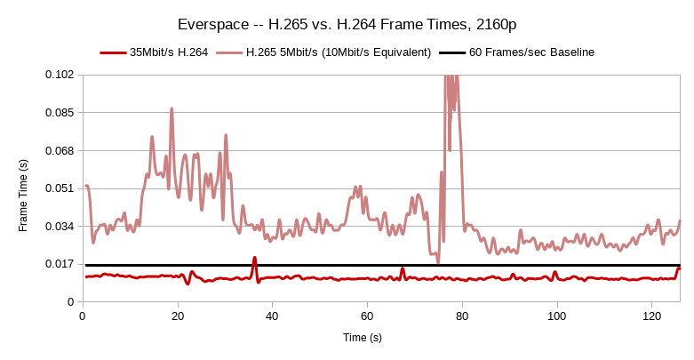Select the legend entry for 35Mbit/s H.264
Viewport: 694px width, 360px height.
169,52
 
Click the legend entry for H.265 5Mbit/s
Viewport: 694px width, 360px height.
338,52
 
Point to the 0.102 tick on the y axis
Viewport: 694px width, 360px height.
60,74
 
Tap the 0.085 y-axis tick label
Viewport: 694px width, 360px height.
60,112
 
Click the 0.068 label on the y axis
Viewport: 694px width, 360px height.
60,150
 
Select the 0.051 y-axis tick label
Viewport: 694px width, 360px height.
60,188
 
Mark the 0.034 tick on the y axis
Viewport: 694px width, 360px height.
60,227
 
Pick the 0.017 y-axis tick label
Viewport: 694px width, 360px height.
60,265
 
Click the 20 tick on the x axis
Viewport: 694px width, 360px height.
177,316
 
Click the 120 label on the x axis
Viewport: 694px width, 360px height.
652,316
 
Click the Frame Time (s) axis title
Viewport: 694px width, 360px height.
23,195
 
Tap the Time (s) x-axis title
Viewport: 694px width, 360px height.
363,338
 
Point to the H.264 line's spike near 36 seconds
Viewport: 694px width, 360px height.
254,259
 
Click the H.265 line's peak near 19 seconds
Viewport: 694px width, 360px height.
172,108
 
